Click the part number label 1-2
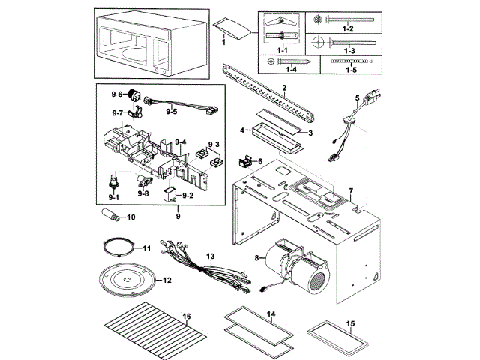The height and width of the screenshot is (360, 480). click(348, 28)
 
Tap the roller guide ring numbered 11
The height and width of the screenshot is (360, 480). click(118, 247)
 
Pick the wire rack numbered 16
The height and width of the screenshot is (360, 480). click(156, 331)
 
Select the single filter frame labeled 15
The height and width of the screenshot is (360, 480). click(337, 337)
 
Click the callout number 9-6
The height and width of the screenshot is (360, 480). click(117, 94)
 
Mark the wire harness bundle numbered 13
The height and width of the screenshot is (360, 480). click(205, 267)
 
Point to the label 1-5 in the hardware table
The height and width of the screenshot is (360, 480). click(351, 70)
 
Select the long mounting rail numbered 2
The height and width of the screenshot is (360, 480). click(268, 93)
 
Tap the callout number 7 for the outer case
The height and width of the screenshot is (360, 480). click(351, 191)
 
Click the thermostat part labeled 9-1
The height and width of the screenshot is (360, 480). click(113, 183)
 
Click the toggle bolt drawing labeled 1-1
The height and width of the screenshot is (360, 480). click(281, 29)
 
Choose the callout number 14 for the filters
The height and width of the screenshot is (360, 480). click(271, 313)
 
